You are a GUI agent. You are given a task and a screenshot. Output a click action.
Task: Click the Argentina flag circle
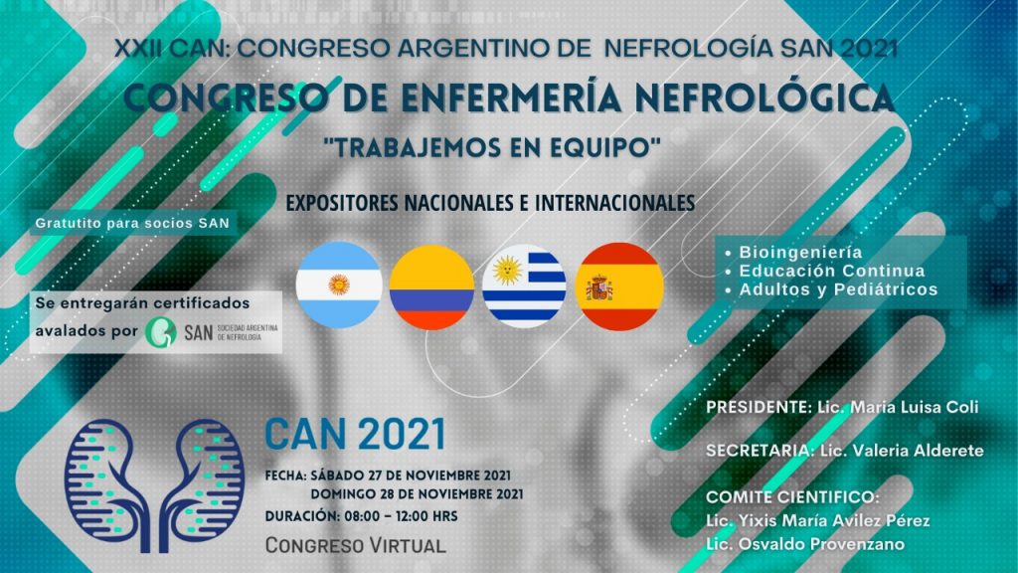click(x=339, y=286)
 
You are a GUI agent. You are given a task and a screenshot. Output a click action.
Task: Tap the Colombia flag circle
click(x=431, y=286)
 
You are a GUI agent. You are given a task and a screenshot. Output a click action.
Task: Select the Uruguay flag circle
click(x=525, y=286)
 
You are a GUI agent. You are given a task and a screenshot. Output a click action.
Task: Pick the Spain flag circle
click(x=619, y=286)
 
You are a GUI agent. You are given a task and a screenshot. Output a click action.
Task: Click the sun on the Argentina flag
click(x=339, y=285)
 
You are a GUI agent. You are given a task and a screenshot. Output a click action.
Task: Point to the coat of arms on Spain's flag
click(x=598, y=287)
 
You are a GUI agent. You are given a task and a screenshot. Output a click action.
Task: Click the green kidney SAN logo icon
click(x=160, y=332)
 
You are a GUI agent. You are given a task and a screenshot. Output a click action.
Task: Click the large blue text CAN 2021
click(x=355, y=435)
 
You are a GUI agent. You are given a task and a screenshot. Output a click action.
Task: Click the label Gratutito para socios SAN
click(x=132, y=224)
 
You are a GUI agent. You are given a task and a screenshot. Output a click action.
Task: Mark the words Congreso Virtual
click(x=355, y=545)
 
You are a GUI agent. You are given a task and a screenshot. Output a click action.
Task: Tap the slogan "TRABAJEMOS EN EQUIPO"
click(x=492, y=147)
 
